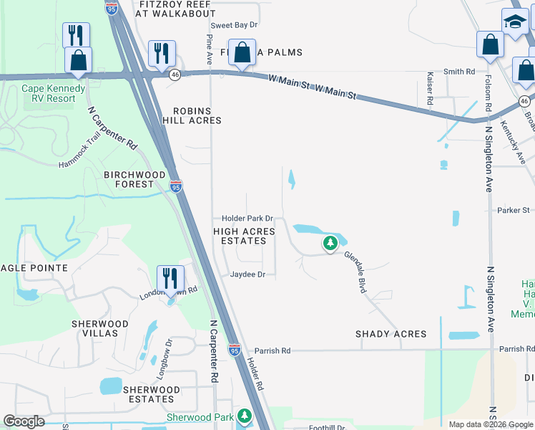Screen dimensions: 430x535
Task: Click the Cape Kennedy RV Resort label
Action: click(49, 93)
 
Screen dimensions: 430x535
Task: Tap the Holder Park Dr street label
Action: click(247, 218)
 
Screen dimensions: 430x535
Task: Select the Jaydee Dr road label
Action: click(247, 274)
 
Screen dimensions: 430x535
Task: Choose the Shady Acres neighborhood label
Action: click(391, 334)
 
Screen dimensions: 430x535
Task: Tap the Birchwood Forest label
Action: click(135, 179)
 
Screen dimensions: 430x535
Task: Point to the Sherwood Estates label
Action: click(149, 394)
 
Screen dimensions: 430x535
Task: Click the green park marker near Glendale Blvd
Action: click(330, 244)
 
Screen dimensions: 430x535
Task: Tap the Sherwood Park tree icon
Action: click(245, 416)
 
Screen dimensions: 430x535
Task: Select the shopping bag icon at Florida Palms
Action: click(242, 52)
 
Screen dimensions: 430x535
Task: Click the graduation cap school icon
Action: click(514, 22)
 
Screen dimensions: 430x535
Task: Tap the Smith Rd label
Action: click(459, 72)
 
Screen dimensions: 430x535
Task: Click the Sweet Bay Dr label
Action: click(233, 24)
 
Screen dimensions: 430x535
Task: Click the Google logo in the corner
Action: click(24, 421)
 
